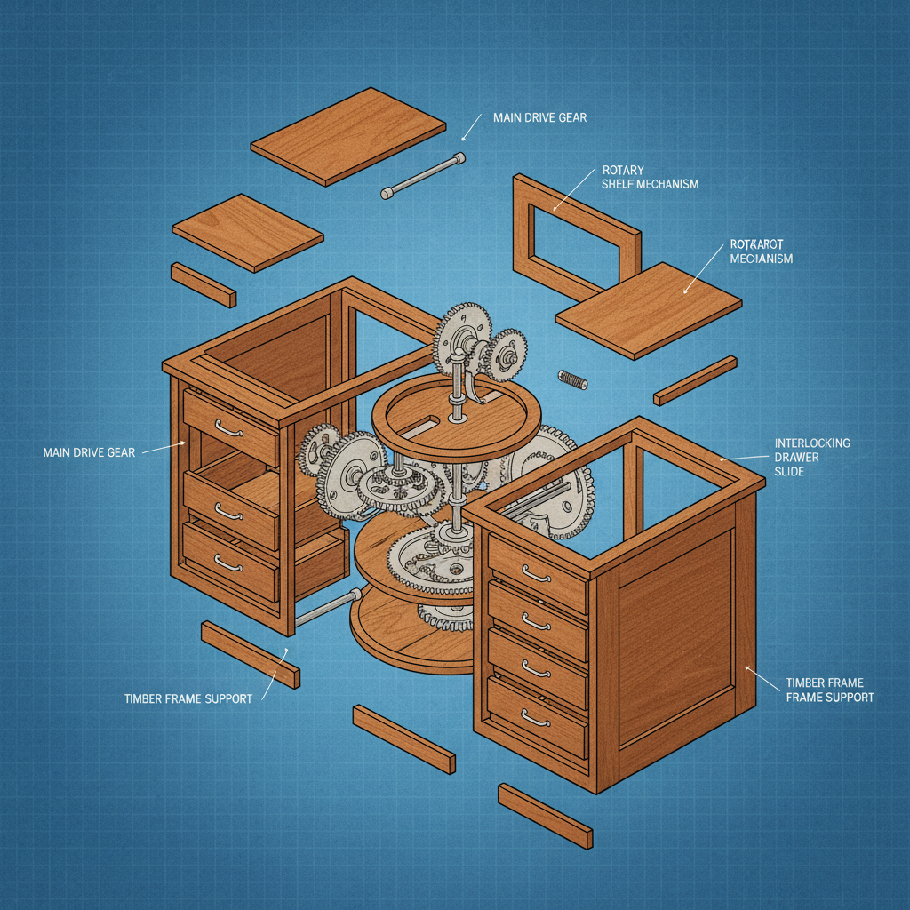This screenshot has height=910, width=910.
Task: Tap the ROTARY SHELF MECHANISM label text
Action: coord(650,177)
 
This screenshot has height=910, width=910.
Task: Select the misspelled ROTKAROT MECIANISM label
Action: coord(761,251)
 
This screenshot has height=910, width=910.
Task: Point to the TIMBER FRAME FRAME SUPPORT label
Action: coord(829,690)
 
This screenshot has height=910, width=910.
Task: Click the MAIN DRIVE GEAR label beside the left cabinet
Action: coord(89,453)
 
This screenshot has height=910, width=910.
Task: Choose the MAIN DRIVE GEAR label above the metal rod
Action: coord(533,118)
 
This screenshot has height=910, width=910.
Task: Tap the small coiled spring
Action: coord(573,379)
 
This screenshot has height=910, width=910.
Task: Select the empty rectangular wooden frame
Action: coord(576,235)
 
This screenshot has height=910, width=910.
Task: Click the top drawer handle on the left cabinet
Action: coord(228,430)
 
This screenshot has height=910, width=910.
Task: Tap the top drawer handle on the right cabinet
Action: coord(536,575)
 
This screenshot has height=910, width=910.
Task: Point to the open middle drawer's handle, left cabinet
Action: coord(228,513)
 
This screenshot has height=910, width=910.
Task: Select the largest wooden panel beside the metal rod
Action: coord(347,135)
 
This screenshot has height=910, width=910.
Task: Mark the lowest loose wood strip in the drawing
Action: coord(544,815)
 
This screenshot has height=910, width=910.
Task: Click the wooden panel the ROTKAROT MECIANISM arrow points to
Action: coord(648,309)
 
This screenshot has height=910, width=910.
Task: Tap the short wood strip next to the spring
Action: coord(694,380)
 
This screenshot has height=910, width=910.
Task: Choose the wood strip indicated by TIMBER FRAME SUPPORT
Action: coord(250,653)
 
